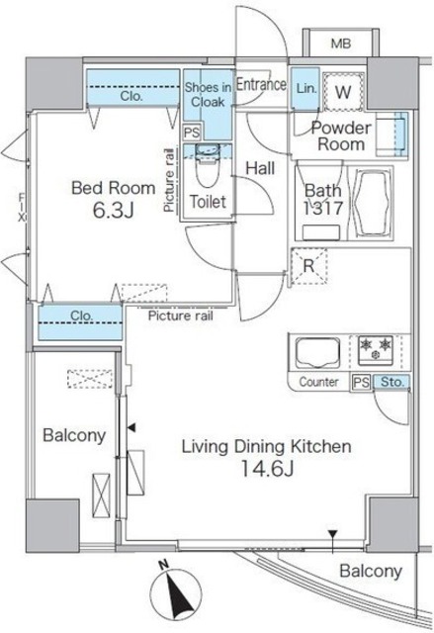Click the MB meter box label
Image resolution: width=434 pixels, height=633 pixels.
pyautogui.click(x=341, y=44)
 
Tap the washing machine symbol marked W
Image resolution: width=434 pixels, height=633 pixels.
pyautogui.click(x=344, y=92)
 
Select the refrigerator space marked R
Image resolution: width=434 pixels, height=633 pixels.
pyautogui.click(x=309, y=266)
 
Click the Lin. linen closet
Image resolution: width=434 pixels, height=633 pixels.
pyautogui.click(x=305, y=88)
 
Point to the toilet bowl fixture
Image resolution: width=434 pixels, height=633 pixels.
pyautogui.click(x=208, y=166)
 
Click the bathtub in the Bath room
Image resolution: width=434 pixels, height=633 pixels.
pyautogui.click(x=373, y=204)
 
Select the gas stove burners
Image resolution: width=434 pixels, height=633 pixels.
pyautogui.click(x=376, y=349)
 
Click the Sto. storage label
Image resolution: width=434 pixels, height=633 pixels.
pyautogui.click(x=392, y=381)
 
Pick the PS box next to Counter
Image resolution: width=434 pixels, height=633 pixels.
pyautogui.click(x=361, y=382)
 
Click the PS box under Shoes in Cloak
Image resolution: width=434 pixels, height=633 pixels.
pyautogui.click(x=191, y=133)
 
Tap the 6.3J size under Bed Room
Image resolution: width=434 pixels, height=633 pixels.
pyautogui.click(x=113, y=211)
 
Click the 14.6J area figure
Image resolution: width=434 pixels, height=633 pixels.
pyautogui.click(x=266, y=468)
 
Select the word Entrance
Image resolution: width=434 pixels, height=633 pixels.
pyautogui.click(x=261, y=84)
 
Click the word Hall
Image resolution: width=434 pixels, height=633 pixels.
pyautogui.click(x=260, y=168)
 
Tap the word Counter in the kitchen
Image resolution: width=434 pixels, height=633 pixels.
pyautogui.click(x=318, y=382)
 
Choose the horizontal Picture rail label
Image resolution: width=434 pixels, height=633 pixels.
pyautogui.click(x=180, y=316)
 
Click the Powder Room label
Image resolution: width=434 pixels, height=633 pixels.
pyautogui.click(x=341, y=136)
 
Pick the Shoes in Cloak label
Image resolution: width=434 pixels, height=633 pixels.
pyautogui.click(x=208, y=94)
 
